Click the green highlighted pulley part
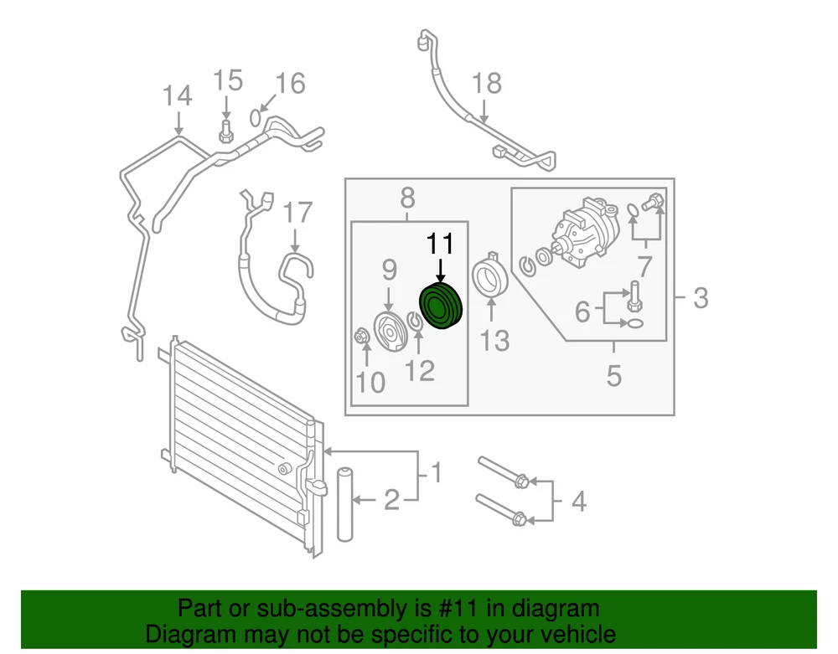441,306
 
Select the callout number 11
441,245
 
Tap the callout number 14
177,96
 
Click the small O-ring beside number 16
256,117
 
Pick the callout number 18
486,83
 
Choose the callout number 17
296,213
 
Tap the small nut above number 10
361,337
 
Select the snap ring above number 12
415,319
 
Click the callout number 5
614,376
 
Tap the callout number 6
582,312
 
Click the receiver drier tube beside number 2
345,504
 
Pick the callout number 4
577,502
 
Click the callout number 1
436,474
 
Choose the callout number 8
407,198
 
